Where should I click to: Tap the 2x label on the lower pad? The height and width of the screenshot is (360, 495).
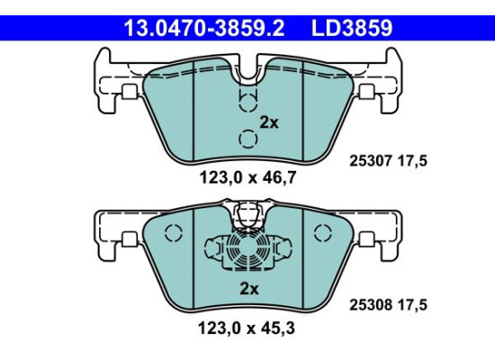[x=247, y=289]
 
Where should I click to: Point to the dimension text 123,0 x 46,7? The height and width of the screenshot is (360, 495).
[x=247, y=178]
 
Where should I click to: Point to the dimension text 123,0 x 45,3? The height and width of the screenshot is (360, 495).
[x=247, y=328]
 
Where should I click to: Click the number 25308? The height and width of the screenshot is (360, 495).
[x=368, y=305]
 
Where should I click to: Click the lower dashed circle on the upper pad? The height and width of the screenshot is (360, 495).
[x=247, y=139]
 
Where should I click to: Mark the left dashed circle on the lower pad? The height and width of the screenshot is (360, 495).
[x=175, y=233]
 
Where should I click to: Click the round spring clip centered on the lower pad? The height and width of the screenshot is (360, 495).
[x=247, y=248]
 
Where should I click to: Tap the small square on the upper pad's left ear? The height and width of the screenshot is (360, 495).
[x=129, y=91]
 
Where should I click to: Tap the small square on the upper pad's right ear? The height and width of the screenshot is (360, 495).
[x=367, y=91]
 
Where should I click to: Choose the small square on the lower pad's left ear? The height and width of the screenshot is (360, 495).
[x=129, y=239]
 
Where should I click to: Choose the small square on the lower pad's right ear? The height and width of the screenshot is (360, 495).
[x=367, y=239]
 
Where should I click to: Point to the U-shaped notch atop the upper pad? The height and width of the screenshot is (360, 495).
[x=247, y=69]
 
